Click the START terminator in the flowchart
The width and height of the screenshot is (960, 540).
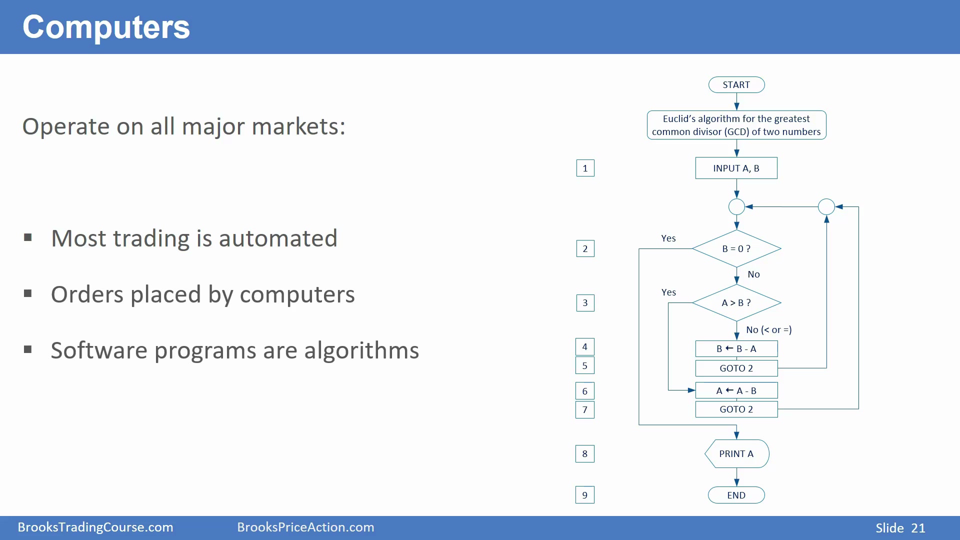coord(736,85)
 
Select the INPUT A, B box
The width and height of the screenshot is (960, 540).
coord(736,168)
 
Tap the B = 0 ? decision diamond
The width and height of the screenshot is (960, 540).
coord(736,248)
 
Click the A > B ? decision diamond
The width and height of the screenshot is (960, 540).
coord(736,303)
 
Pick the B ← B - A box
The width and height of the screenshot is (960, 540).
coord(736,348)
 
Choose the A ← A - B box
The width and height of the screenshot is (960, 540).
coord(736,390)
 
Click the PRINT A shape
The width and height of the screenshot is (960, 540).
coord(737,454)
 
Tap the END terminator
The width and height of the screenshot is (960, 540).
coord(736,495)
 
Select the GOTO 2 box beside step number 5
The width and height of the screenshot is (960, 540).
coord(736,368)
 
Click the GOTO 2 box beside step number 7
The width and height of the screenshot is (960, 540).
coord(736,409)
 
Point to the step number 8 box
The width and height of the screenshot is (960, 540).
coord(585,454)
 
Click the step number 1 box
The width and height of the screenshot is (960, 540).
coord(585,168)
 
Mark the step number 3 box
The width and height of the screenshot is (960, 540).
coord(585,303)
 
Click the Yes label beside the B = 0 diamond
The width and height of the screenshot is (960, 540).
coord(668,238)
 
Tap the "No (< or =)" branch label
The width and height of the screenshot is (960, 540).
coord(769,330)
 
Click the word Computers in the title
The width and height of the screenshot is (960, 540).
coord(106,27)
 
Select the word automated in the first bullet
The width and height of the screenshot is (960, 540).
coord(278,238)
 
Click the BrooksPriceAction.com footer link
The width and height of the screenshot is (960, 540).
coord(305,527)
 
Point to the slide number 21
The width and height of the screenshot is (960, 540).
coord(918,528)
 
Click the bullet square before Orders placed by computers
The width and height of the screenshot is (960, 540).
coord(28,293)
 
